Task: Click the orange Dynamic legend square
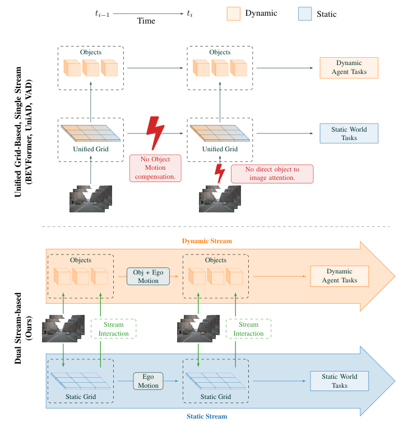tap(234, 13)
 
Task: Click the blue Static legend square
tap(305, 13)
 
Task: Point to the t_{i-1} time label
tap(101, 13)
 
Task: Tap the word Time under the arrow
tap(146, 21)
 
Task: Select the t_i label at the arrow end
tap(191, 13)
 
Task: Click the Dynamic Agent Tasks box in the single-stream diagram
tap(349, 68)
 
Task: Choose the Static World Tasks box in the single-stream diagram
tap(349, 133)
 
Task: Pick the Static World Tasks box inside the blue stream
tap(339, 381)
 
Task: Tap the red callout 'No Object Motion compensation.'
tap(156, 168)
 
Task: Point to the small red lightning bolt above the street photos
tap(220, 173)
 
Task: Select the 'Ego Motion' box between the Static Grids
tap(148, 381)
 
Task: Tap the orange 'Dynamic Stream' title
tap(207, 240)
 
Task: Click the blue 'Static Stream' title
tap(207, 416)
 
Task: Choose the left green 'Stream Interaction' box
tap(114, 329)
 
